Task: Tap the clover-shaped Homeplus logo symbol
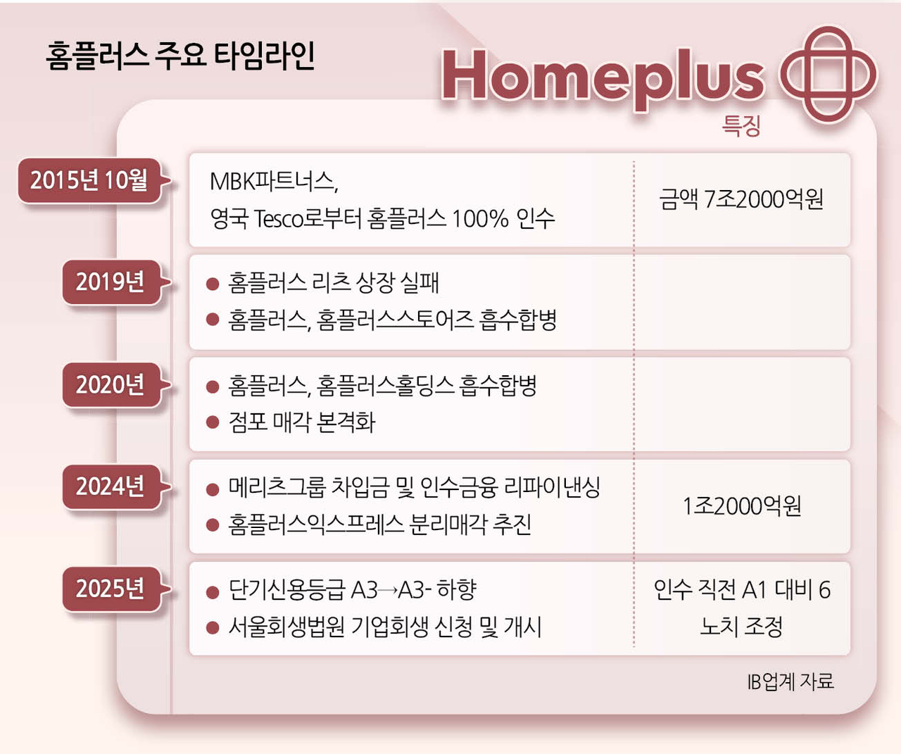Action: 828,74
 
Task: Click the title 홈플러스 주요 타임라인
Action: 180,56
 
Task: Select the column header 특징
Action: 741,126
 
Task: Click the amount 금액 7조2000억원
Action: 741,199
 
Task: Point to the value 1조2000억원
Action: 742,505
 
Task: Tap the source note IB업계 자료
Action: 790,681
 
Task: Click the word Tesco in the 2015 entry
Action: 279,219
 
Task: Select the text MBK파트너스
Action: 274,181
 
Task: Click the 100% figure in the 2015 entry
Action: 480,219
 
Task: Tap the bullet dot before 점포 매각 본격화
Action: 213,422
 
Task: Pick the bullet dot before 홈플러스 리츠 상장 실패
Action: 213,284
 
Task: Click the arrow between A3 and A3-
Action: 387,591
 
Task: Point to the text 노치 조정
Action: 741,627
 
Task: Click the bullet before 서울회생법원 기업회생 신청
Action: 213,627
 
